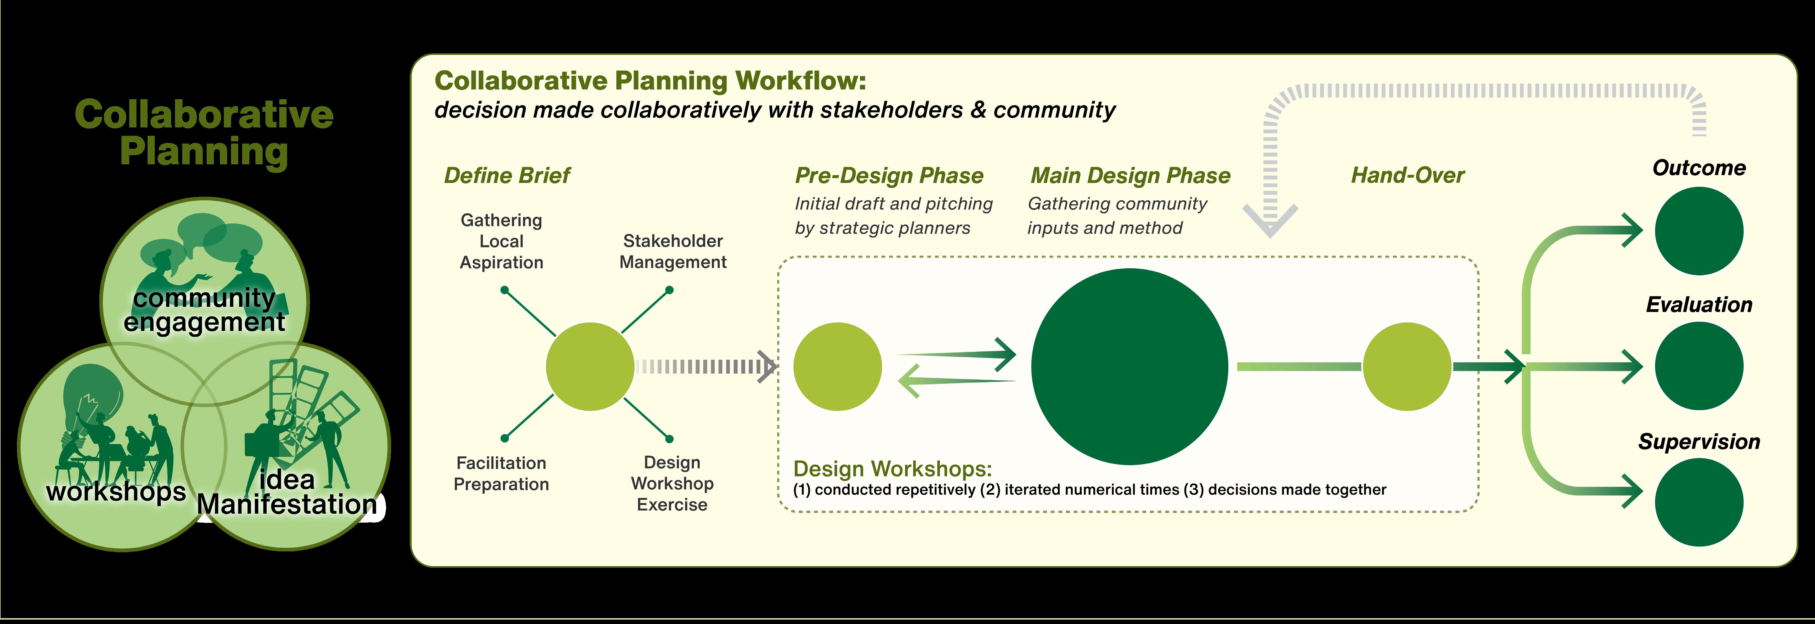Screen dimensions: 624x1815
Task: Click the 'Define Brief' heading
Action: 507,175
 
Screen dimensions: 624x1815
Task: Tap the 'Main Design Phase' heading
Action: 1130,175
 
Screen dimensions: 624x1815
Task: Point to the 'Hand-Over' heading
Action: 1407,175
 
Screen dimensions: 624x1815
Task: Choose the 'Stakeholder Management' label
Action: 673,251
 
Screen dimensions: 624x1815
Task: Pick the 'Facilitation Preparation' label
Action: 501,473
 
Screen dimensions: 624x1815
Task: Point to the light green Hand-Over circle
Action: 1406,366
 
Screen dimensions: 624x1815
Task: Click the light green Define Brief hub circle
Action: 590,366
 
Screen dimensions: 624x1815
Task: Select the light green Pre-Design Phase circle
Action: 837,366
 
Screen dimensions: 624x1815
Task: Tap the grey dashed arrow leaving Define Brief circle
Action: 704,366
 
